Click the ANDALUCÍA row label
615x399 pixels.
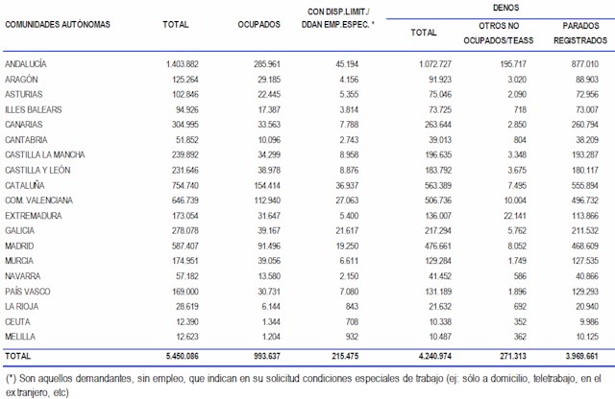[27, 63]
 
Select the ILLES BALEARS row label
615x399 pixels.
[34, 109]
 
